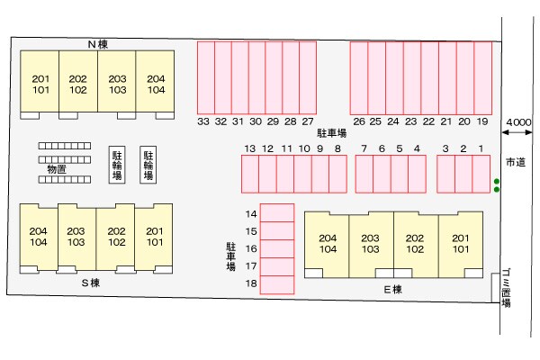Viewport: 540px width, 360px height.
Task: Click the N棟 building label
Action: (98, 43)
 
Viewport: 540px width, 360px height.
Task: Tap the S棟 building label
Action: (90, 283)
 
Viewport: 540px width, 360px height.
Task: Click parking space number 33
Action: (204, 121)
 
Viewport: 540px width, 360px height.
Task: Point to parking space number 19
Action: (482, 121)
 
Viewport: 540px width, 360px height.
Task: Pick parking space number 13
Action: (249, 148)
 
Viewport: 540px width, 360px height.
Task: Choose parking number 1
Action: (481, 148)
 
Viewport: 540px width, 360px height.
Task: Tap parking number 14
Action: (252, 213)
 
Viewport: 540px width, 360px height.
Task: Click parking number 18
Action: (252, 284)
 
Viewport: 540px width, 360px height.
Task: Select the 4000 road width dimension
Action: (517, 121)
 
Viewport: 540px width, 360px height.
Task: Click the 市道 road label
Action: (516, 162)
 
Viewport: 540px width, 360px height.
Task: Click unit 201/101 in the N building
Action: (40, 84)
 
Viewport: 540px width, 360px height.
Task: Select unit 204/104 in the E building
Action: (328, 243)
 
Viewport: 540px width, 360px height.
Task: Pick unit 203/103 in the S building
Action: (76, 237)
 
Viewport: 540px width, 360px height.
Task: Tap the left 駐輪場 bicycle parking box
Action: (116, 166)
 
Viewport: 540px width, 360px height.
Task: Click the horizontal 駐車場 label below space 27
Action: (332, 133)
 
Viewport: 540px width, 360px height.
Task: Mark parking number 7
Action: (364, 148)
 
